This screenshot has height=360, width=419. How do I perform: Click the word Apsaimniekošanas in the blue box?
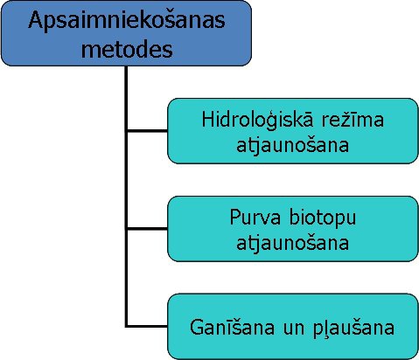click(x=127, y=21)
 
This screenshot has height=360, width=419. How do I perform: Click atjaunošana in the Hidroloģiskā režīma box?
click(x=292, y=145)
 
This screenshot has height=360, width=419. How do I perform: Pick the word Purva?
click(x=255, y=217)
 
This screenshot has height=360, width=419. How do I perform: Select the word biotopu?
click(x=323, y=218)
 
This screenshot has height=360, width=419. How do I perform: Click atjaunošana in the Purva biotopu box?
click(x=292, y=243)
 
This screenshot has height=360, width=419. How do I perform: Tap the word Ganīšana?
click(x=232, y=327)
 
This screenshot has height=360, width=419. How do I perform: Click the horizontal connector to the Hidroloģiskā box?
click(x=147, y=131)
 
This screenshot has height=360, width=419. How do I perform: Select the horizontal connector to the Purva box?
click(x=147, y=229)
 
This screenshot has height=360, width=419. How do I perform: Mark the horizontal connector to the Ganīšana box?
click(x=147, y=326)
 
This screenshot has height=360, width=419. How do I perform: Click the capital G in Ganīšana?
click(x=198, y=327)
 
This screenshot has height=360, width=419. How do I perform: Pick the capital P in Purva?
click(x=235, y=217)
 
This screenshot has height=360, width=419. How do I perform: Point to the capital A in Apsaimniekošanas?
click(x=37, y=20)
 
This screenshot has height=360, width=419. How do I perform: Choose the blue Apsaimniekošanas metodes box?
click(x=126, y=33)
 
